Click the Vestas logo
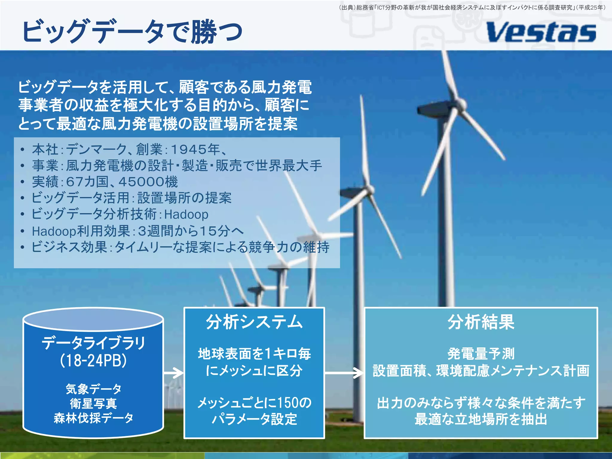pos(541,32)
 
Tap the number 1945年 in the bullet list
pos(195,149)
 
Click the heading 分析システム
pos(254,322)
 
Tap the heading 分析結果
pos(481,322)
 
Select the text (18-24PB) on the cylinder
pos(93,360)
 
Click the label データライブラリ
pos(93,343)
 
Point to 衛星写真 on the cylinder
pos(93,403)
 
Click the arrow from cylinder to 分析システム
pos(174,373)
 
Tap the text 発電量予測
pos(481,354)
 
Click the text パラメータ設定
pos(254,419)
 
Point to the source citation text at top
pos(472,7)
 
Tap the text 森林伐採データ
pos(93,418)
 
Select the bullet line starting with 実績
pos(105,182)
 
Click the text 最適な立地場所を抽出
pos(481,419)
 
